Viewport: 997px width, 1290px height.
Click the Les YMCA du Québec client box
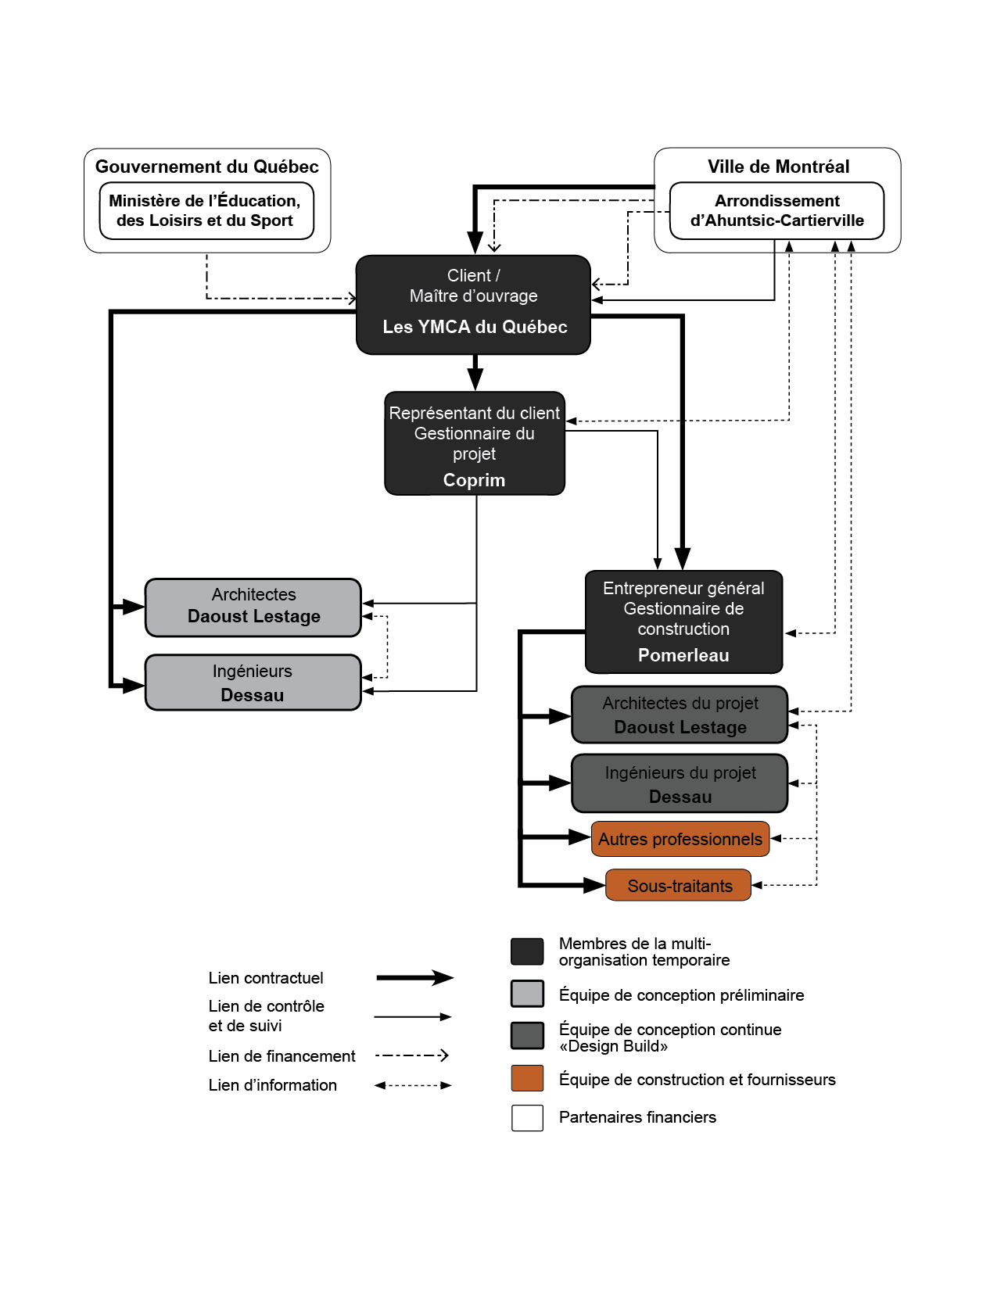[473, 305]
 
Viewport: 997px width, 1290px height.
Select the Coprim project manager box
[475, 443]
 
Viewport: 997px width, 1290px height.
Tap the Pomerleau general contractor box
[683, 622]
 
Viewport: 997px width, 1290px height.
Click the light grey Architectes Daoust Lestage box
[253, 607]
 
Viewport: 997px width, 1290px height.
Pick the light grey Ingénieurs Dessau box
[253, 682]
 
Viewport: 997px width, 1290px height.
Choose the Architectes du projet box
[680, 715]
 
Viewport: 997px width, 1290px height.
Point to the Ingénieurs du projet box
[680, 783]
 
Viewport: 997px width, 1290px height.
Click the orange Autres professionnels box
[680, 839]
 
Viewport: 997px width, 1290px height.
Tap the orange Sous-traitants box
[678, 885]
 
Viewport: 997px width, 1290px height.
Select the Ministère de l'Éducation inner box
[206, 211]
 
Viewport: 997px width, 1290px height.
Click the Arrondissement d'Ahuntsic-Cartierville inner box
[776, 211]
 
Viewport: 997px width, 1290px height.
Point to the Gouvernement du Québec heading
[206, 167]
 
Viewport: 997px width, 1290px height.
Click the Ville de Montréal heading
[778, 167]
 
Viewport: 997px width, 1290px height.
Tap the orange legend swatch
[527, 1078]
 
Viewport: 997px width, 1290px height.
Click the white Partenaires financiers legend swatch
[527, 1118]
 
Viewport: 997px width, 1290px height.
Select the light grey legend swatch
[527, 994]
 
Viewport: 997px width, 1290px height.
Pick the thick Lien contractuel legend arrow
[415, 978]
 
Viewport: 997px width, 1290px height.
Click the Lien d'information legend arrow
[413, 1085]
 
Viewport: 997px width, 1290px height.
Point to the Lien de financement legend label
[282, 1056]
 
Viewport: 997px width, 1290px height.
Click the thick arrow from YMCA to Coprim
[475, 372]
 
